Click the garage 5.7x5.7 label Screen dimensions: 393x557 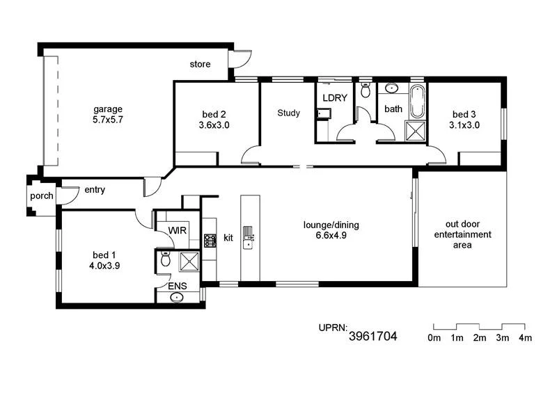pyautogui.click(x=108, y=114)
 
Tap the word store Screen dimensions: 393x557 pyautogui.click(x=200, y=65)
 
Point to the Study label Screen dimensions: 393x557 pyautogui.click(x=288, y=113)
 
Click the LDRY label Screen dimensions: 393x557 pyautogui.click(x=335, y=98)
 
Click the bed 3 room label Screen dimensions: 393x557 pyautogui.click(x=465, y=120)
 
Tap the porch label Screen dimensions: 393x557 pyautogui.click(x=41, y=196)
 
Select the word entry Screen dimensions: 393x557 pyautogui.click(x=95, y=189)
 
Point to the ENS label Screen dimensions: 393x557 pyautogui.click(x=177, y=285)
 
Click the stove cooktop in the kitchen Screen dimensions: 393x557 pyautogui.click(x=210, y=240)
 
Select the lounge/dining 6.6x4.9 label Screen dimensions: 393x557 pyautogui.click(x=330, y=230)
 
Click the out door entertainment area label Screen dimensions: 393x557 pyautogui.click(x=462, y=234)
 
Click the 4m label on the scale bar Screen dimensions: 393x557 pyautogui.click(x=524, y=338)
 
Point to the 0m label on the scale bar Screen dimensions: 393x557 pyautogui.click(x=434, y=338)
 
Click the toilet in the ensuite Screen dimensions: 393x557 pyautogui.click(x=165, y=260)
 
